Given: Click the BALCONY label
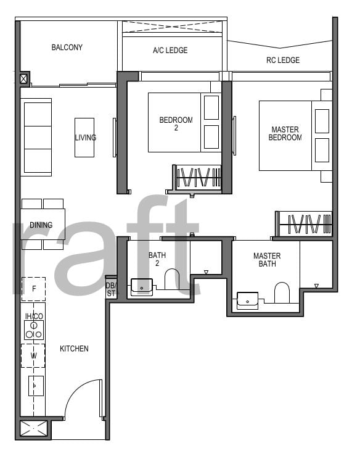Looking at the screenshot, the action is point(67,48).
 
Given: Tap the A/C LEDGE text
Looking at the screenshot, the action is point(170,51).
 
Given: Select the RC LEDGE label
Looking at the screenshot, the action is point(283,60).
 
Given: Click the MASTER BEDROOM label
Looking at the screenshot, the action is point(285,133).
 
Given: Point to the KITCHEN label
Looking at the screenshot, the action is point(74,349).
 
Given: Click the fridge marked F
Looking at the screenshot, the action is point(34,289).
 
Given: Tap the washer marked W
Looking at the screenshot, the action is point(33,355).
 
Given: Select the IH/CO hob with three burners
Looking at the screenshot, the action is point(34,329).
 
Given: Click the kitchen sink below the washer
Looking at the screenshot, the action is point(36,386).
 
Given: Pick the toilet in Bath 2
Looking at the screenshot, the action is point(172,279).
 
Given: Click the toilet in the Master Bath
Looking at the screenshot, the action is point(282,292).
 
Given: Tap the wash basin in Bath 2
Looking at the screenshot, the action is point(142,287).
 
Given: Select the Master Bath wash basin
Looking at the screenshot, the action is point(247,300).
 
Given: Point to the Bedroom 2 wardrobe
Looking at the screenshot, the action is point(198,178).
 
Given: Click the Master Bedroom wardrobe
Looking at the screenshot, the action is point(303,224).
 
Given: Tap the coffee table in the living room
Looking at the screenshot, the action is point(84,138).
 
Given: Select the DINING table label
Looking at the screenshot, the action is point(41,225).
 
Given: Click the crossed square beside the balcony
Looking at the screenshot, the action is point(24,79).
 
